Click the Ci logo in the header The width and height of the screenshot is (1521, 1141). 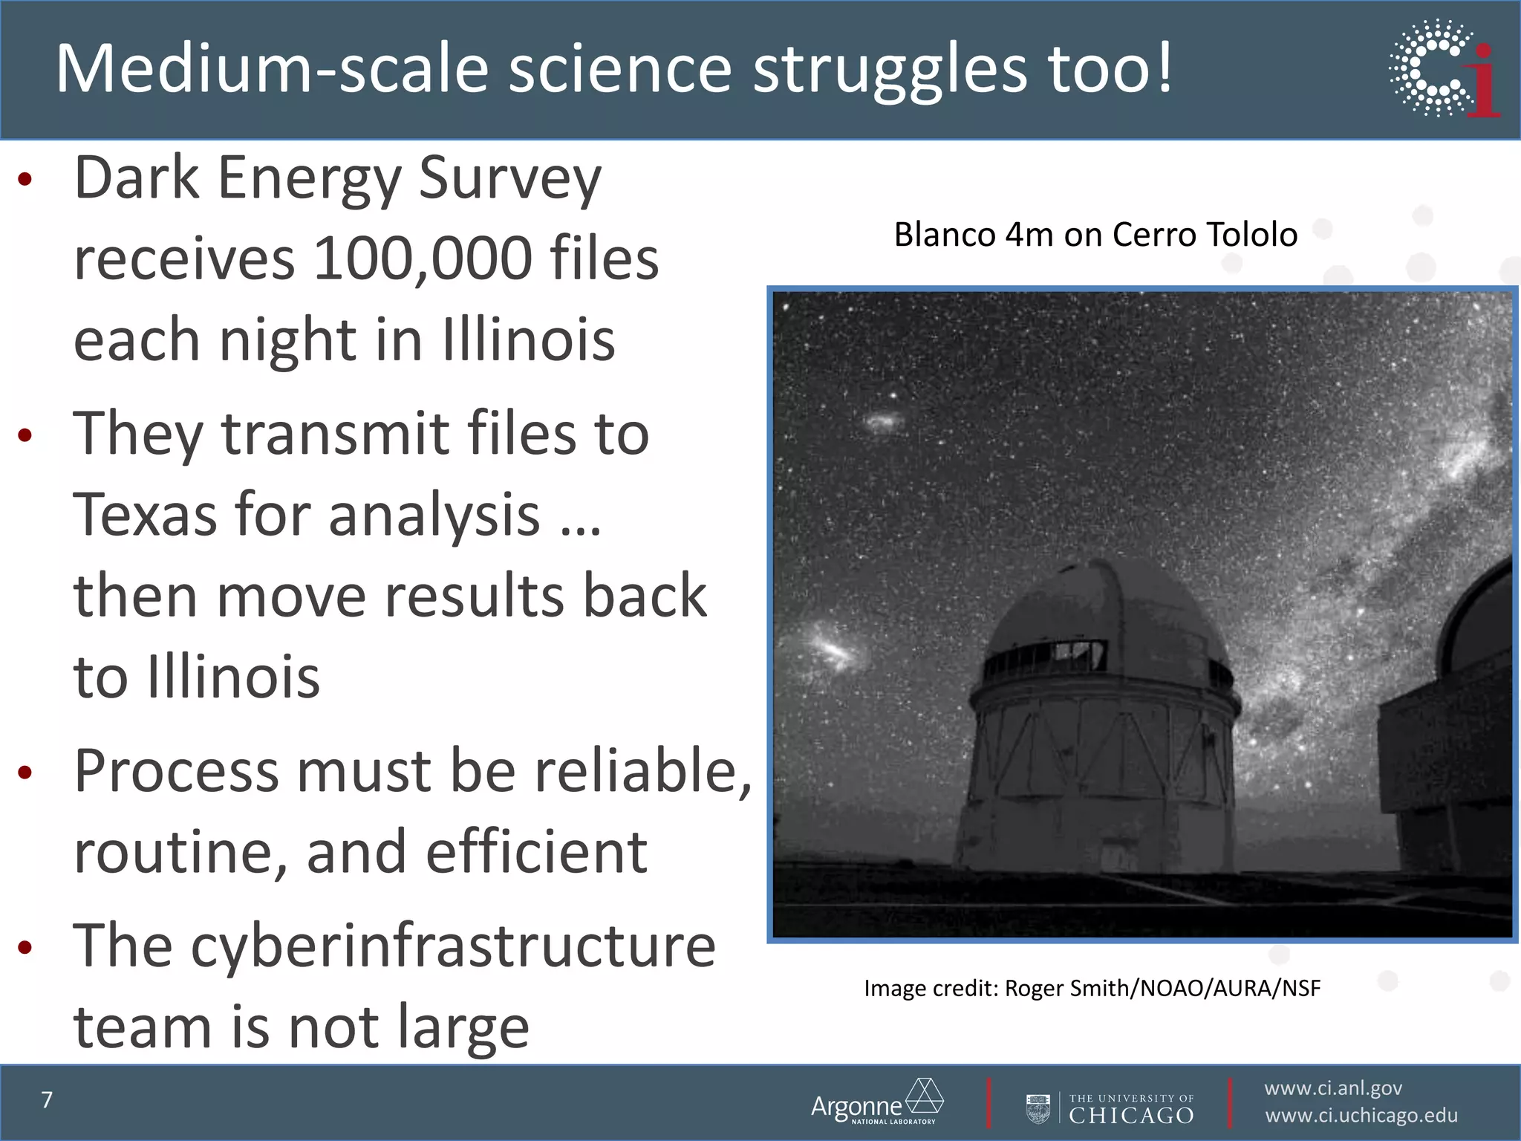[x=1445, y=68]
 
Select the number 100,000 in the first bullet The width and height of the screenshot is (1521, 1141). [x=422, y=259]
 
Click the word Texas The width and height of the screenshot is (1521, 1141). [x=144, y=514]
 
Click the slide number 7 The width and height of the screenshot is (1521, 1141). [x=47, y=1099]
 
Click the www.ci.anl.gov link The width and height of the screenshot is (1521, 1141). [x=1333, y=1088]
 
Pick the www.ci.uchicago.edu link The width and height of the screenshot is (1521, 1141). [x=1361, y=1116]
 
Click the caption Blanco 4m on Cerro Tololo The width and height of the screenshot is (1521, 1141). [x=1095, y=235]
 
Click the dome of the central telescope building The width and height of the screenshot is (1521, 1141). [x=1107, y=609]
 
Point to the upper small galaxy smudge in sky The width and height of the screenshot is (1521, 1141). [x=883, y=422]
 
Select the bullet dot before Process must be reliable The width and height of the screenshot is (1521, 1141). [x=25, y=773]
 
